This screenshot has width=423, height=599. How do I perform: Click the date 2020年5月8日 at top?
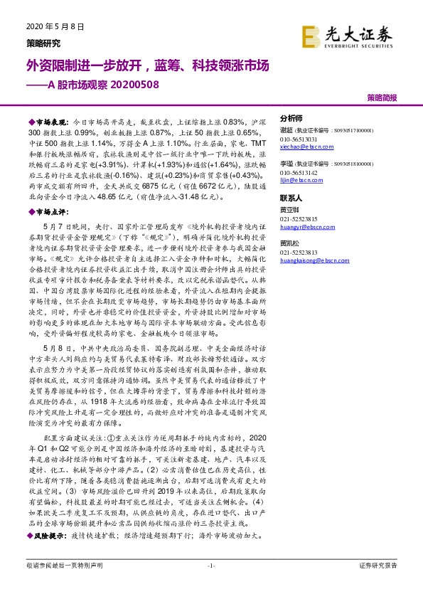pyautogui.click(x=50, y=27)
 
